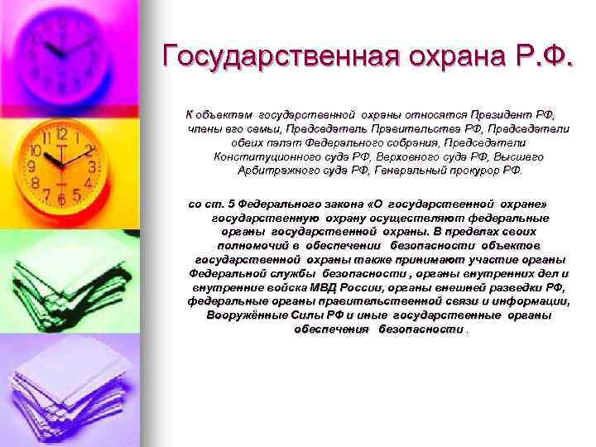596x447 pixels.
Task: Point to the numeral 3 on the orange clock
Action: tap(93, 166)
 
